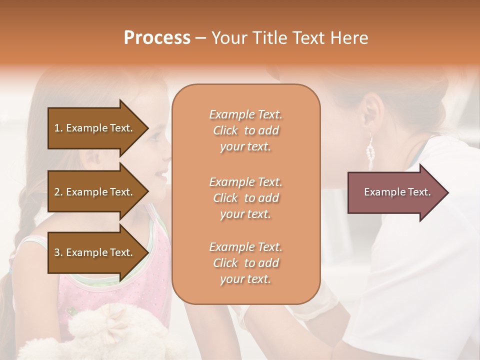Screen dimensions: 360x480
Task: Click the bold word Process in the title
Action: (157, 38)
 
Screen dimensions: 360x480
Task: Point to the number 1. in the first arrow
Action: (58, 128)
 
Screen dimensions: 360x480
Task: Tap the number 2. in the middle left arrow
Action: (58, 192)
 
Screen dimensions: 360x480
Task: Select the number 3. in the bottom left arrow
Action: (58, 252)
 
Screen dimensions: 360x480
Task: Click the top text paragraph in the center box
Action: (245, 130)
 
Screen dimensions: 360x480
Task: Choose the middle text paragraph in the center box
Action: (245, 197)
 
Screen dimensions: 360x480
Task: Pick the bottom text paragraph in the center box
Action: (245, 263)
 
